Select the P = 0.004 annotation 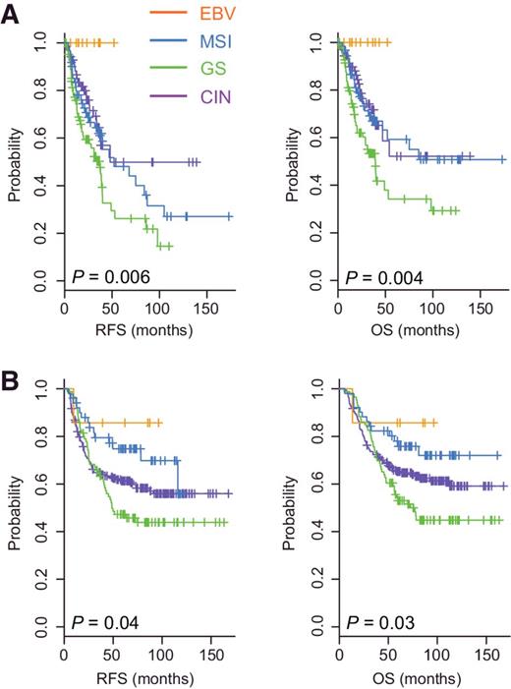381,279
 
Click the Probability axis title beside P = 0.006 16,165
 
